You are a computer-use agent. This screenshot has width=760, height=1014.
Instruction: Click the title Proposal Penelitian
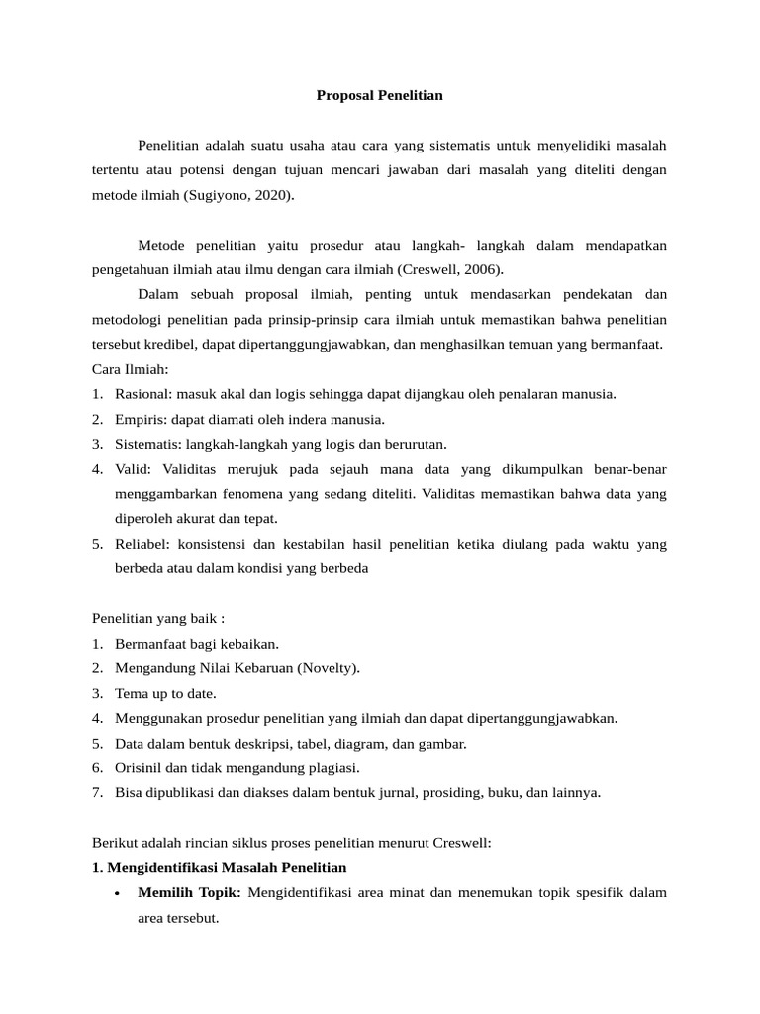click(x=380, y=96)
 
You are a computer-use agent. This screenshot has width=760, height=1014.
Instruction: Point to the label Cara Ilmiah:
click(x=131, y=369)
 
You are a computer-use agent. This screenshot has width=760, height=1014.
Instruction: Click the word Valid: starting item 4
click(x=135, y=468)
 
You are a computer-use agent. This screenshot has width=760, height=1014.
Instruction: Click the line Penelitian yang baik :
click(x=158, y=618)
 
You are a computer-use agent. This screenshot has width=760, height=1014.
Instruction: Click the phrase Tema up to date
click(x=165, y=693)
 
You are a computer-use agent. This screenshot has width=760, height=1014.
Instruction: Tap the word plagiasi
click(x=333, y=767)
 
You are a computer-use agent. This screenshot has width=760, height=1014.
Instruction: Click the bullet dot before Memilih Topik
click(x=118, y=894)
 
